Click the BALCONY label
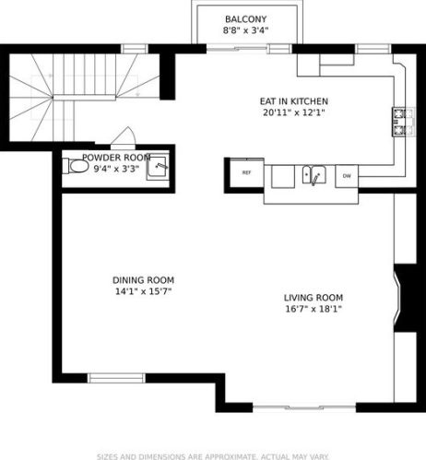pos(244,19)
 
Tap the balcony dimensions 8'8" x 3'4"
pos(244,31)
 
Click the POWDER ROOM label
pos(116,158)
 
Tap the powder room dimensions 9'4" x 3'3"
pos(116,169)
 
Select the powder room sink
pos(159,167)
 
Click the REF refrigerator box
pos(247,172)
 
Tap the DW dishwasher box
pos(347,175)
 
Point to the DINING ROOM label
pos(143,280)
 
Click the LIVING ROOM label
pos(314,298)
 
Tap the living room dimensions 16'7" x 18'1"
pos(314,310)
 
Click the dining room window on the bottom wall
pos(115,377)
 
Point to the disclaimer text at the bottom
pos(213,454)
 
